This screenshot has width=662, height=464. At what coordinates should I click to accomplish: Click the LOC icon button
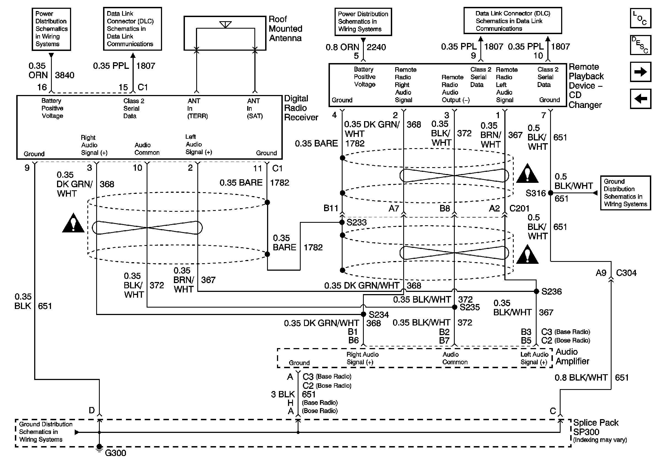641,18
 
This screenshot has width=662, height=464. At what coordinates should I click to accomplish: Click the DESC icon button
641,45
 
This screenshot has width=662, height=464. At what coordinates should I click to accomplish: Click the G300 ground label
115,453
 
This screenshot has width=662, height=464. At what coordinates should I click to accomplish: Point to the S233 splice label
356,222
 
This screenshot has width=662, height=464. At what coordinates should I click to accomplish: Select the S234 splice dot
364,314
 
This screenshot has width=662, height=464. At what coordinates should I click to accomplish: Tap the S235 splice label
470,307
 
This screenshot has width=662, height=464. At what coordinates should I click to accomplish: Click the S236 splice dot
536,291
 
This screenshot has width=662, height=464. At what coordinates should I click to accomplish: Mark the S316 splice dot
550,193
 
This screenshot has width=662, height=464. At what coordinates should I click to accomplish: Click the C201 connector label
519,208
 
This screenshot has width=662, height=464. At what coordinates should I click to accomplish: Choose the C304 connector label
626,273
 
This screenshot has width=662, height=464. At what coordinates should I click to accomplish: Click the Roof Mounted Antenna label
286,29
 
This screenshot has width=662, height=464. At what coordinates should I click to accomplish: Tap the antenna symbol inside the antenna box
225,25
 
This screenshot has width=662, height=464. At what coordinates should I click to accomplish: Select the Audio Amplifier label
572,357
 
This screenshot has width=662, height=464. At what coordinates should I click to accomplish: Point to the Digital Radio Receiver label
301,108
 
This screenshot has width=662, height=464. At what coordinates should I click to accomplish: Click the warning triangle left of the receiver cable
73,223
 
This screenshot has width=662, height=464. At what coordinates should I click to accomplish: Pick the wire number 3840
64,75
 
